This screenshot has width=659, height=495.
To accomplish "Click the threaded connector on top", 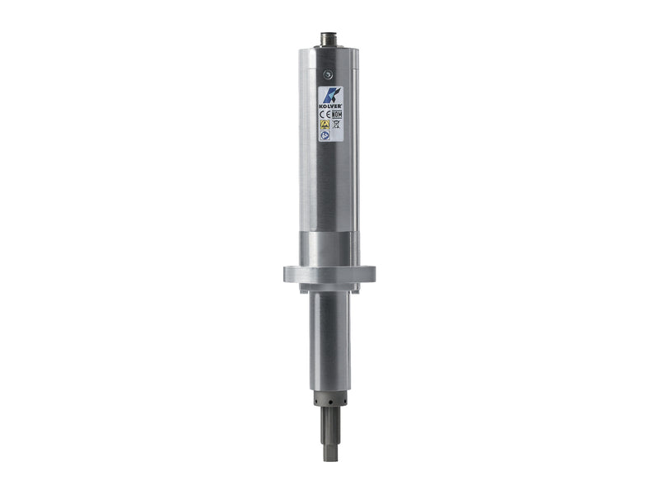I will click(x=329, y=39).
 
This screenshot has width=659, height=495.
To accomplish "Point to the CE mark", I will click(x=325, y=115).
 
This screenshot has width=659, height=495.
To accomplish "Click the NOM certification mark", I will click(x=336, y=115).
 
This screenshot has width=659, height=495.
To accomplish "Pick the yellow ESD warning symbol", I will click(x=325, y=125).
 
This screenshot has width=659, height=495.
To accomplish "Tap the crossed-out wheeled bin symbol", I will click(x=336, y=125).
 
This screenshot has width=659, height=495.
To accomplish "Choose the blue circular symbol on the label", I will click(x=325, y=134).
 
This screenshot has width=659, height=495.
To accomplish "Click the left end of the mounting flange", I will click(x=288, y=274).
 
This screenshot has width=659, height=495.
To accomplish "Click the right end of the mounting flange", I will click(x=371, y=274).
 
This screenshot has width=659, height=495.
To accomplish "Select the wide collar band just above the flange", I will click(x=329, y=248).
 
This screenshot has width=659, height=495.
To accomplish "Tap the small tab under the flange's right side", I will click(x=354, y=287).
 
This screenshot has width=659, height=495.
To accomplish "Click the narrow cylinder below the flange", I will click(x=329, y=338).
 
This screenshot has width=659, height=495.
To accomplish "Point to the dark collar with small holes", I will click(x=329, y=399).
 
